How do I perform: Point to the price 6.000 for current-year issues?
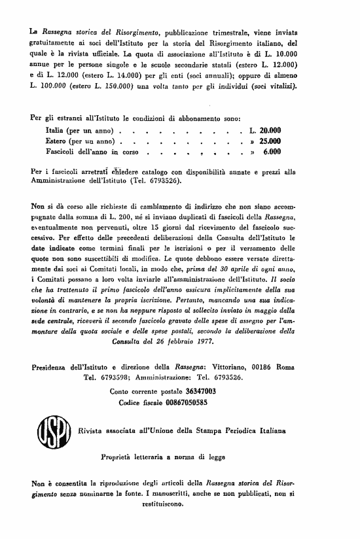pyautogui.click(x=272, y=151)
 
